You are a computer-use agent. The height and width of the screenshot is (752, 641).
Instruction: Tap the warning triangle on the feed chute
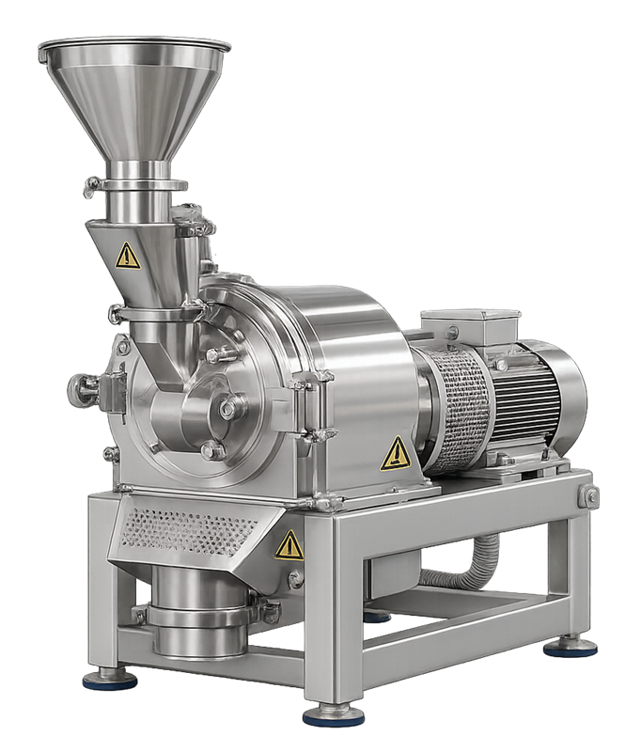(127, 256)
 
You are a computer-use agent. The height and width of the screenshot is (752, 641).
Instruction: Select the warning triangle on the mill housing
(396, 454)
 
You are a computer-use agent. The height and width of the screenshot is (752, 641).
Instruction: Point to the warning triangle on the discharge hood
(289, 545)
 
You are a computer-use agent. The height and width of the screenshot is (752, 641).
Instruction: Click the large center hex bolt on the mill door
(228, 408)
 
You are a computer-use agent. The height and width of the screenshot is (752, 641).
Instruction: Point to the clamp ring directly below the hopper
(135, 184)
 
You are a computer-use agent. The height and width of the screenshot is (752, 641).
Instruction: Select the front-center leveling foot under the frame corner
(333, 715)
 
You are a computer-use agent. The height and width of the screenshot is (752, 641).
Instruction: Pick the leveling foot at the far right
(570, 647)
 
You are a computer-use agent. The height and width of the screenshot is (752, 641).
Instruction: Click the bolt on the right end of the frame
(589, 495)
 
